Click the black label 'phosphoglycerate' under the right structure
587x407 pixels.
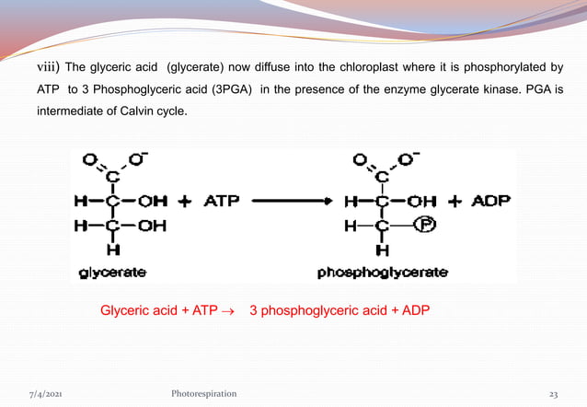click(383, 273)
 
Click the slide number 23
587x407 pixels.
click(554, 393)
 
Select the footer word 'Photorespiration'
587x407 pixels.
click(198, 393)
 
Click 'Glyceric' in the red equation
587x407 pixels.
click(124, 310)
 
